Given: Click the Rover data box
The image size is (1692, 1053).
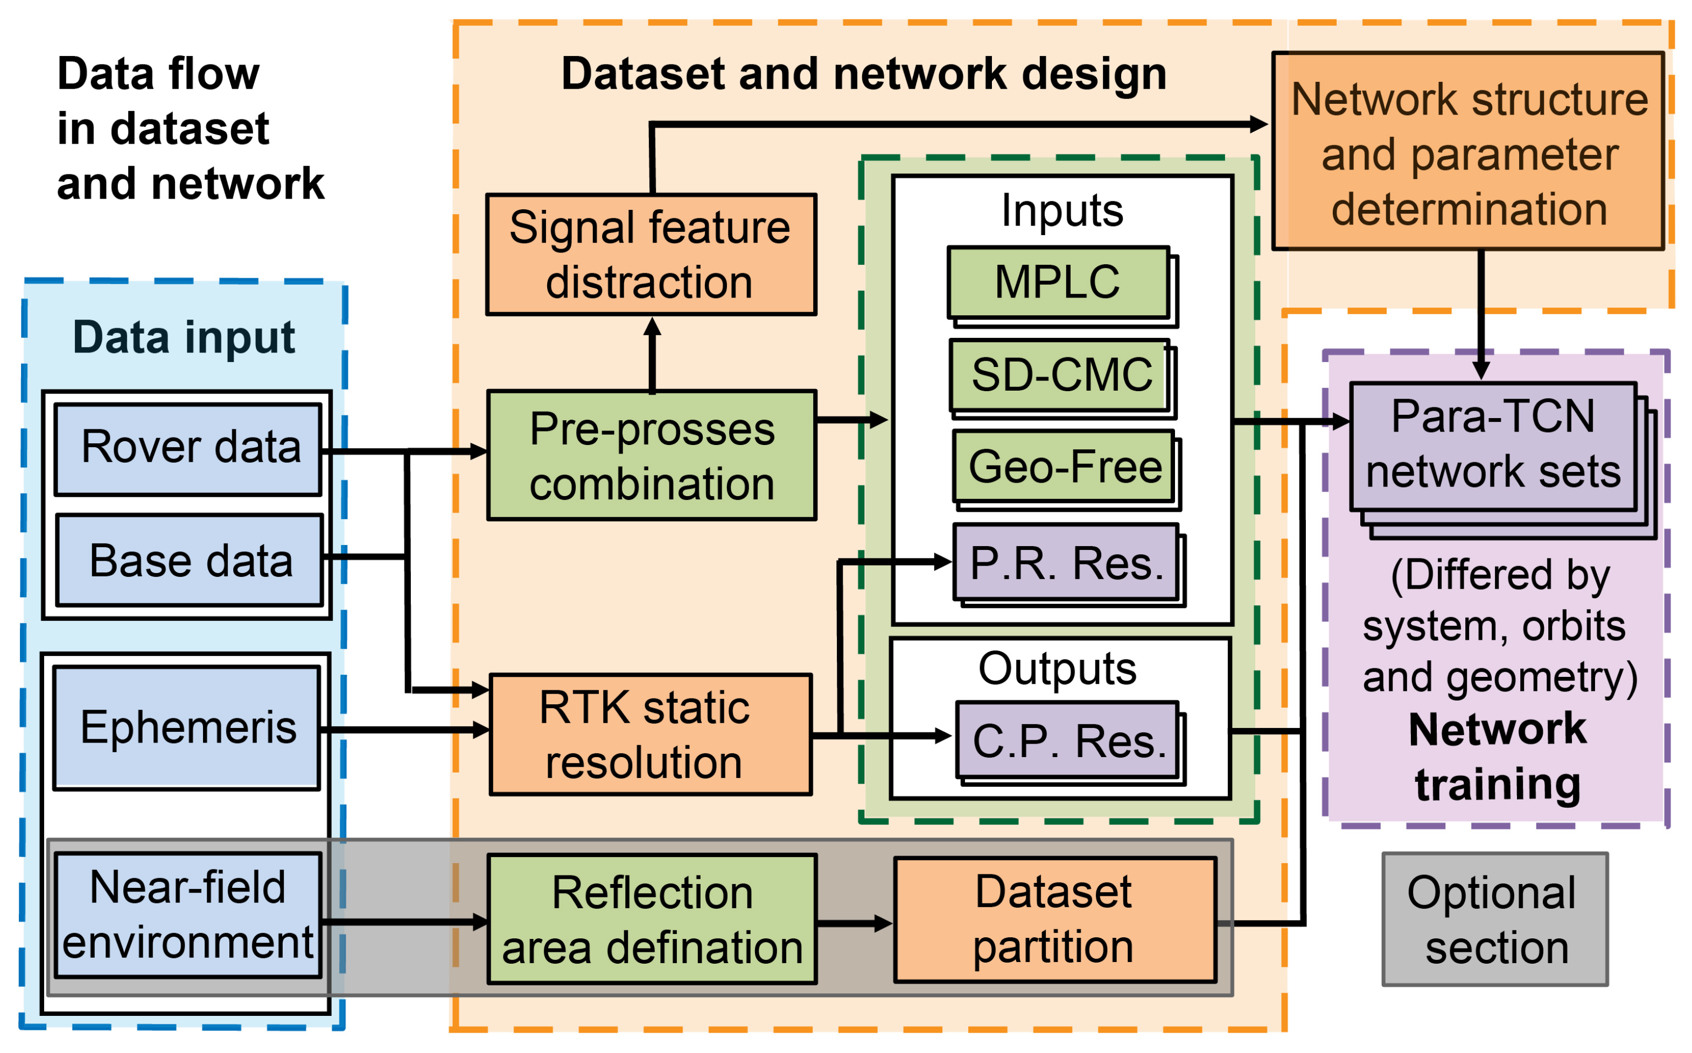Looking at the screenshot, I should pos(188,449).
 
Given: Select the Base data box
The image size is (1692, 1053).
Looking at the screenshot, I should pos(190,561).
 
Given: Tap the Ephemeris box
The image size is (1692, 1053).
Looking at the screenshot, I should pos(187,728).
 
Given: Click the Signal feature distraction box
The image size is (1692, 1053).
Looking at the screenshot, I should pos(651,255).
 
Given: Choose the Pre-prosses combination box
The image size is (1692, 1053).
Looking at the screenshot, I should pos(652,455).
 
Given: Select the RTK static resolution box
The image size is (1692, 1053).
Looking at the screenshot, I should pos(651,734).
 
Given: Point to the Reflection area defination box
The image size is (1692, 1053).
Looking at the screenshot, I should pos(652,919).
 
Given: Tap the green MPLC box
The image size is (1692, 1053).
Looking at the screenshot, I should pos(1058,282).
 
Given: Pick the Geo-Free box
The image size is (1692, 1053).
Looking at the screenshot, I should pos(1064,466).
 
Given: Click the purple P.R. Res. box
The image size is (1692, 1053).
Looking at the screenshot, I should pos(1066,563).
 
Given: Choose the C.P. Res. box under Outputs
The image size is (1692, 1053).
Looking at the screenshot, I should pos(1068,740).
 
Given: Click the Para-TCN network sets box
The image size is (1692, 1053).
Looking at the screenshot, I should pos(1493,446).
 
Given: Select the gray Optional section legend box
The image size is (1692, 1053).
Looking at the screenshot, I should pos(1495,919).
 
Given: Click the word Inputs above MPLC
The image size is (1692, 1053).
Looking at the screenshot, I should pos(1062,210).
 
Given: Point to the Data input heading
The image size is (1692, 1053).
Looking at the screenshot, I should pos(184,338).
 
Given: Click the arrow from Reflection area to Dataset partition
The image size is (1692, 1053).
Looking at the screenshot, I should pos(854,923).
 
